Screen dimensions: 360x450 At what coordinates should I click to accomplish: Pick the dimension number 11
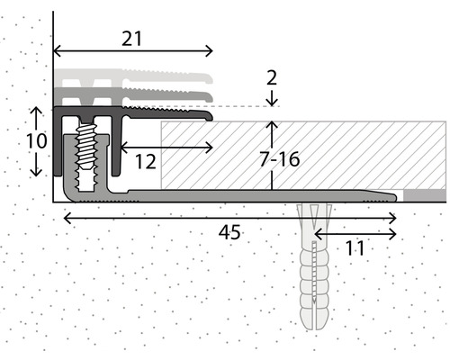tap(355, 249)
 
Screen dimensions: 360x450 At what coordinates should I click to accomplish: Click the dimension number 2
tap(272, 78)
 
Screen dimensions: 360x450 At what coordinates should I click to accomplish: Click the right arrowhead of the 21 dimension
tap(210, 50)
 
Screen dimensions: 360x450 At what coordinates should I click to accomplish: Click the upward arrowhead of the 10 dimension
tap(35, 109)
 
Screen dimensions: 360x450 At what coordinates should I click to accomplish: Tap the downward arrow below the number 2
tap(272, 101)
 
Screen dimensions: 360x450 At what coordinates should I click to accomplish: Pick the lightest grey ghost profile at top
tap(135, 76)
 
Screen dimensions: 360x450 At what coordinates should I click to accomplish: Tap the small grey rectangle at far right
tap(423, 194)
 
